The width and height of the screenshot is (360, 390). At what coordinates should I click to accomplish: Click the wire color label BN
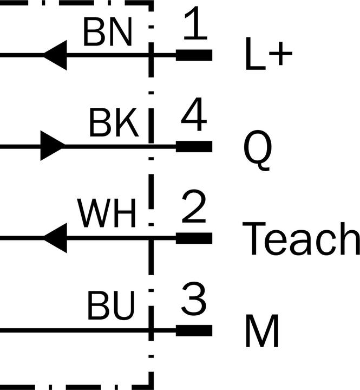[107, 32]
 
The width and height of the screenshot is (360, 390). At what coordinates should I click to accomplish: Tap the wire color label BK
[114, 122]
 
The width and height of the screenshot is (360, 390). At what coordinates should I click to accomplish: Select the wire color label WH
[107, 213]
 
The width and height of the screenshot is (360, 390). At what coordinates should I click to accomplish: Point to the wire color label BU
[111, 305]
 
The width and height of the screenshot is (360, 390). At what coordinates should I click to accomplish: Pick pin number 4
[194, 114]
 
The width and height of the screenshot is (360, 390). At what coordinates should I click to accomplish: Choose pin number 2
[194, 206]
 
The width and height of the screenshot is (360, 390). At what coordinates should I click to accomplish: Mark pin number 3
[194, 298]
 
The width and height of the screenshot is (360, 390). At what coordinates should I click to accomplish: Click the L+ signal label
[269, 54]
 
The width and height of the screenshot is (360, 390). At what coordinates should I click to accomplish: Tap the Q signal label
[258, 150]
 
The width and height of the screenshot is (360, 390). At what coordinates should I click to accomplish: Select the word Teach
[301, 238]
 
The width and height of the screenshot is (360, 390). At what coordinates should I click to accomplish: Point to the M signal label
[262, 330]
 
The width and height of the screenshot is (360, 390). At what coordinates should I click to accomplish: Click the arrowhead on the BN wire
[55, 55]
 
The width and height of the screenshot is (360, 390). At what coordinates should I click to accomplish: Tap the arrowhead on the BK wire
[53, 146]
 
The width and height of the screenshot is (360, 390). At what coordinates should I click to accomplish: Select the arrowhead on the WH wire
[55, 238]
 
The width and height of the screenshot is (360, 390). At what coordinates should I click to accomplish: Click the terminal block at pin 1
[194, 55]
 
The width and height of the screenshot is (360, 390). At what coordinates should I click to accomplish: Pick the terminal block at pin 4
[194, 146]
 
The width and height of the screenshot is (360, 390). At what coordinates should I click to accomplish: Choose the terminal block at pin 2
[194, 238]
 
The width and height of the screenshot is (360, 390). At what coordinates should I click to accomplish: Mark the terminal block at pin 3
[194, 330]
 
